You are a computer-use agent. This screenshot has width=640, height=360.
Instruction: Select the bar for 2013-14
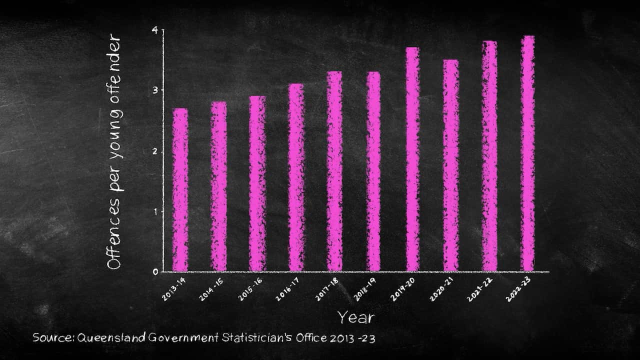coord(180,190)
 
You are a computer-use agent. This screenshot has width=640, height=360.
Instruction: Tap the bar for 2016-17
coord(296,177)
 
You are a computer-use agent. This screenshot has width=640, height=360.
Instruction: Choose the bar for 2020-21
coord(450,165)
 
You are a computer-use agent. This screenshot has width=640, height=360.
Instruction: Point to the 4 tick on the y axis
coord(155,30)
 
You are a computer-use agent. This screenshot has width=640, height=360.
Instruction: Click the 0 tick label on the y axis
coord(155,272)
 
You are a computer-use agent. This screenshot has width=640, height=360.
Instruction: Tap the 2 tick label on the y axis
coord(155,151)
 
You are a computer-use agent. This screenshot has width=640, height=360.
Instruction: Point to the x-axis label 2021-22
coord(479,289)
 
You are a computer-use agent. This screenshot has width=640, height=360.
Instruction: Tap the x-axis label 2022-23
coord(518,289)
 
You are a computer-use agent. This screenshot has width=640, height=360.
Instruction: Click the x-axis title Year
coord(355,317)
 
